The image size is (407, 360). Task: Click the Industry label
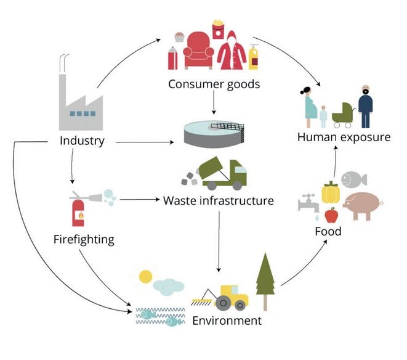82,141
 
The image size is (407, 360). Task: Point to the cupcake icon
179,36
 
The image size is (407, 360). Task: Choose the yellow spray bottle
253,56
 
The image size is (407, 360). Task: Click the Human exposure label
344,137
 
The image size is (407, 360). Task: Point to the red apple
332,216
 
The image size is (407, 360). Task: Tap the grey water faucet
307,203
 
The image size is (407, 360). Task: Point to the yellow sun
145,276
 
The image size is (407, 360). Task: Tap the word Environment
227,321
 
